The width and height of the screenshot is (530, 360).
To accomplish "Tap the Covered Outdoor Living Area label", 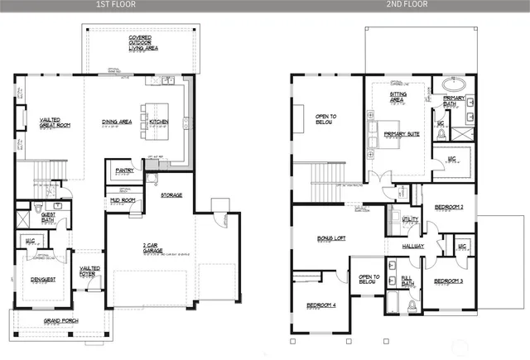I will (x=144, y=43).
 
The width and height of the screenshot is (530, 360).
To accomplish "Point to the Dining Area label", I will (x=118, y=121).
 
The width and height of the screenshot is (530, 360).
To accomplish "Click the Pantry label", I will (x=123, y=171).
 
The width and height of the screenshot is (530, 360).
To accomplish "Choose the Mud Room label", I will (x=122, y=200).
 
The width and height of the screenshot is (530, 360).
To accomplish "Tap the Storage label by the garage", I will (x=171, y=195).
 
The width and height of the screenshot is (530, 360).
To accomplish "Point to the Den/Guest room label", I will (x=43, y=279).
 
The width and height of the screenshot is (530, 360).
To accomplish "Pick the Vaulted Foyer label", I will (x=89, y=271).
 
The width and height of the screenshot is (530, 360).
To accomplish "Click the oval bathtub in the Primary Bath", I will (x=454, y=84).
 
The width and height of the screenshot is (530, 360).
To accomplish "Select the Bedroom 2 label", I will (x=449, y=206).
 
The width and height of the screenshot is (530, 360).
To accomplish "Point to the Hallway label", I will (x=413, y=246).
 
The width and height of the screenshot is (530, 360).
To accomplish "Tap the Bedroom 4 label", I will (x=321, y=305).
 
